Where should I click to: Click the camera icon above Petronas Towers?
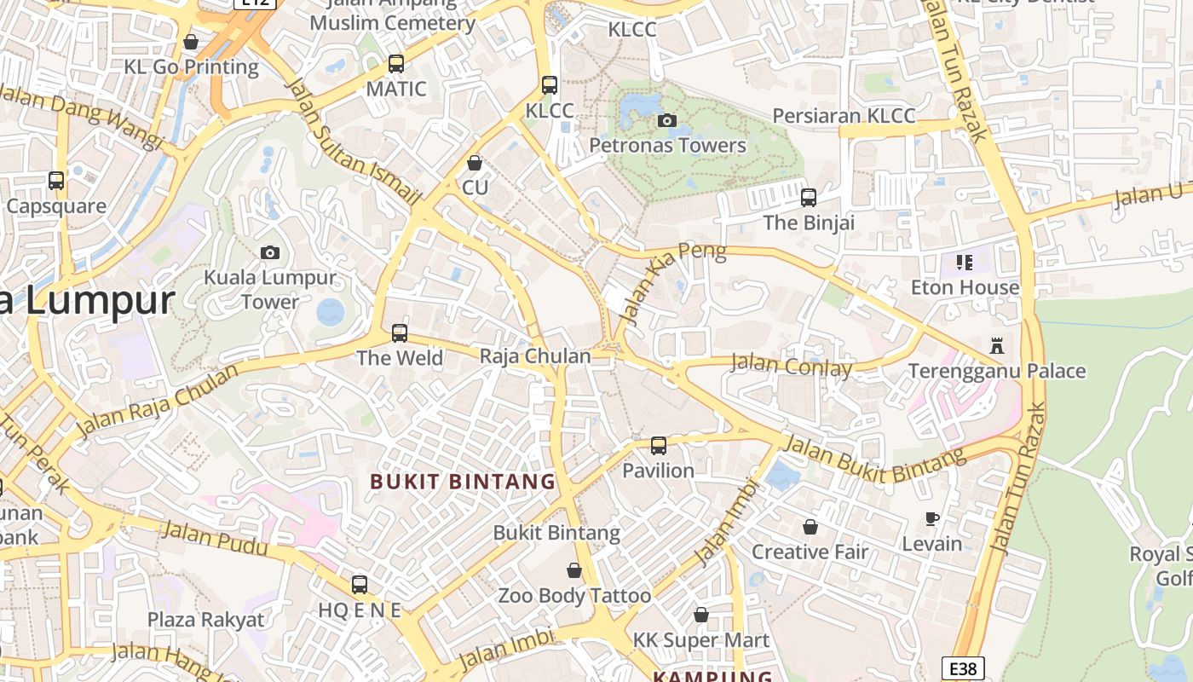click(x=667, y=120)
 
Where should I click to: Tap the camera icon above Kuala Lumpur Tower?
click(x=270, y=252)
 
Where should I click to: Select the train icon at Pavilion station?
click(x=659, y=445)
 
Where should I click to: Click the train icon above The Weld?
click(x=400, y=332)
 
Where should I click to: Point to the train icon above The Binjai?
click(x=809, y=198)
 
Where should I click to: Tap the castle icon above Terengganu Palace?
click(x=997, y=346)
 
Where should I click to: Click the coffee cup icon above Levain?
click(x=932, y=518)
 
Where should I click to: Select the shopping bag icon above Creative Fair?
click(x=810, y=527)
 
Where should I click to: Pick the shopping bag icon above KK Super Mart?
click(x=701, y=615)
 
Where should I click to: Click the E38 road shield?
click(x=963, y=668)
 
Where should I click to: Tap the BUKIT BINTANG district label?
click(x=463, y=482)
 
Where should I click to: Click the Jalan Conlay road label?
click(x=792, y=366)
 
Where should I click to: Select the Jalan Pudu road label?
click(x=214, y=539)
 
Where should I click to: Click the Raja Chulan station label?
click(x=535, y=355)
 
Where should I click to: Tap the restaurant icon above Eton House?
click(x=965, y=262)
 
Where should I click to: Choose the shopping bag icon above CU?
click(x=475, y=162)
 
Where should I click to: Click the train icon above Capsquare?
click(x=56, y=181)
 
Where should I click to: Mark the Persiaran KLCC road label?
click(x=844, y=116)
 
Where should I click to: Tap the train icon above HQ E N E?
click(x=360, y=585)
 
